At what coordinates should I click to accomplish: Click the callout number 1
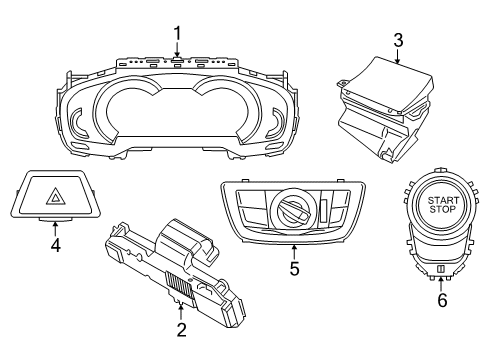click(x=177, y=34)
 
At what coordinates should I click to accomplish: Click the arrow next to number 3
click(x=397, y=57)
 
